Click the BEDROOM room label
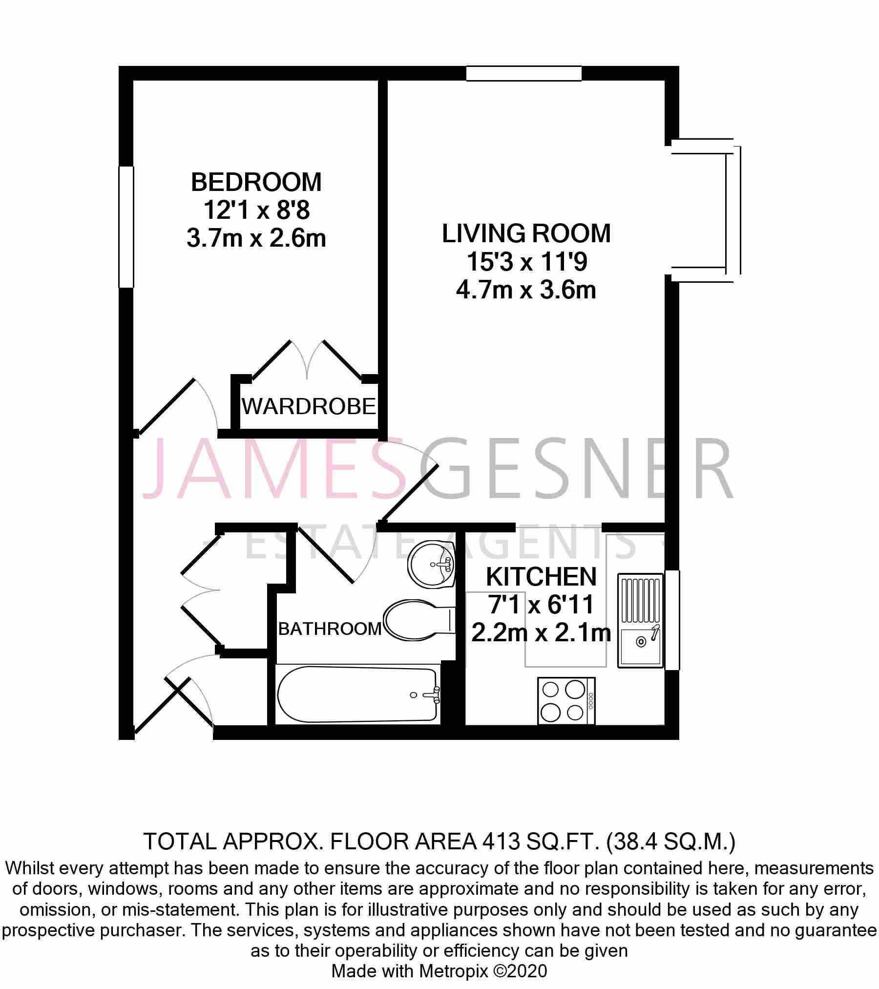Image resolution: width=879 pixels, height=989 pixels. pos(256,182)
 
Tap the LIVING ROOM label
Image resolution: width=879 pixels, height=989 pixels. pos(526,233)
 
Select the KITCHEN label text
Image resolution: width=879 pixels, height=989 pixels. pos(542,577)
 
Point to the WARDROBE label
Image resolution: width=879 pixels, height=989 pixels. pos(309,406)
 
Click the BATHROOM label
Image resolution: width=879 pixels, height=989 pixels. pos(330,629)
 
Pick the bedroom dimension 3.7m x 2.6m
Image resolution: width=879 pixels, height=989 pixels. pos(256,239)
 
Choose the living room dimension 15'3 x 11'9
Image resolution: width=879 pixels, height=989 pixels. pos(526,262)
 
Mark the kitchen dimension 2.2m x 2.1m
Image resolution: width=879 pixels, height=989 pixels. pos(541,633)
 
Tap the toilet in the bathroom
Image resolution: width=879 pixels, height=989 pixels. pos(419,621)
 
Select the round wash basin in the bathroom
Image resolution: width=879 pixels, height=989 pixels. pos(432,565)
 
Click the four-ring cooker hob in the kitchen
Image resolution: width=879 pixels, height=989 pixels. pos(566,701)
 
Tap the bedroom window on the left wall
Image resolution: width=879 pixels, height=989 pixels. pos(126,227)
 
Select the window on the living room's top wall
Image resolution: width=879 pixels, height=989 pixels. pos(524,73)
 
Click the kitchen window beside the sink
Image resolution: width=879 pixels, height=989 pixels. pos(672,620)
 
